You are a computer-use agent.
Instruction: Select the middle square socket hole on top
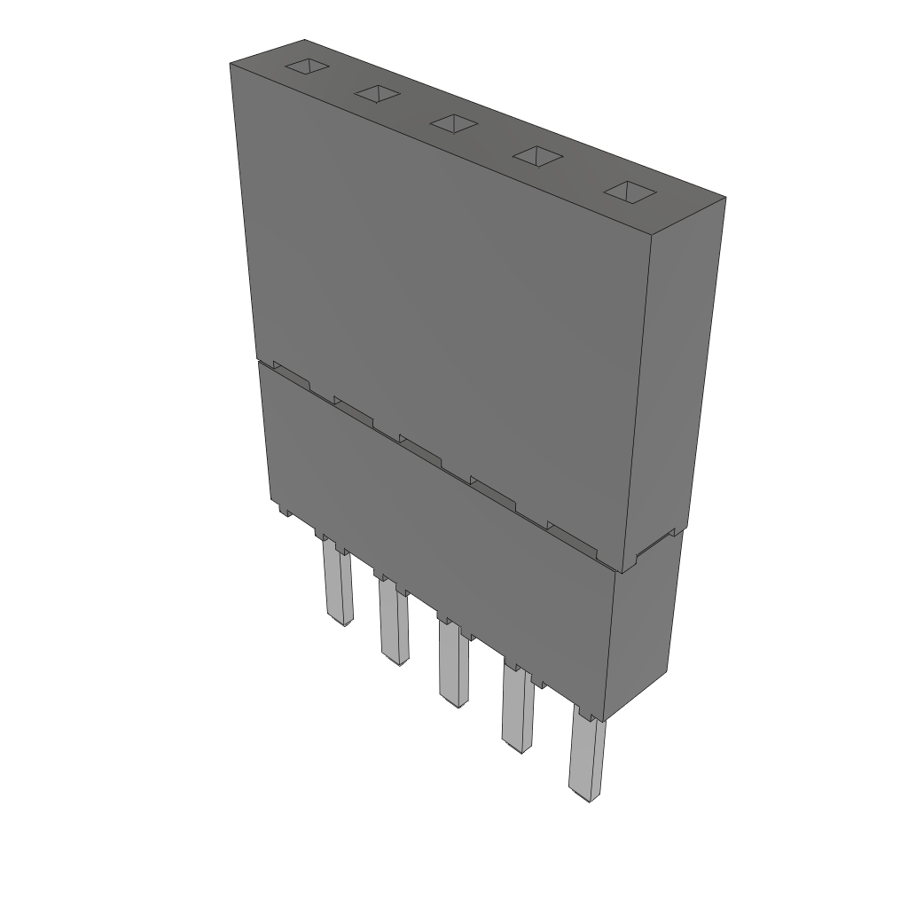point(454,124)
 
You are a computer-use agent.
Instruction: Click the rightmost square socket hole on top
point(628,192)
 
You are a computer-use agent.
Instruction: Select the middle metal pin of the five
point(452,665)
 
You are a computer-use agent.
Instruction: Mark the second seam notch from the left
point(353,409)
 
